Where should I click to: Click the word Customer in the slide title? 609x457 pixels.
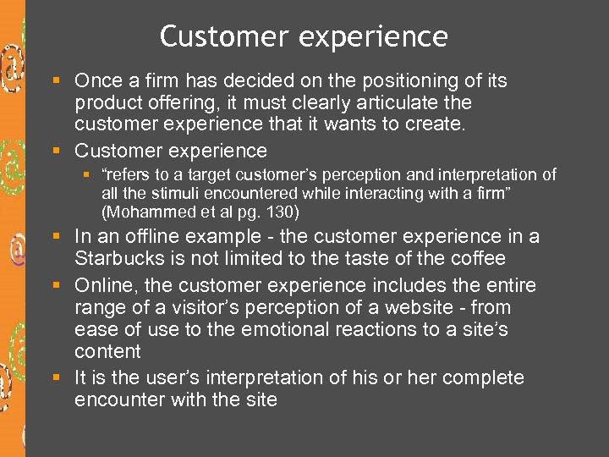211,37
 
